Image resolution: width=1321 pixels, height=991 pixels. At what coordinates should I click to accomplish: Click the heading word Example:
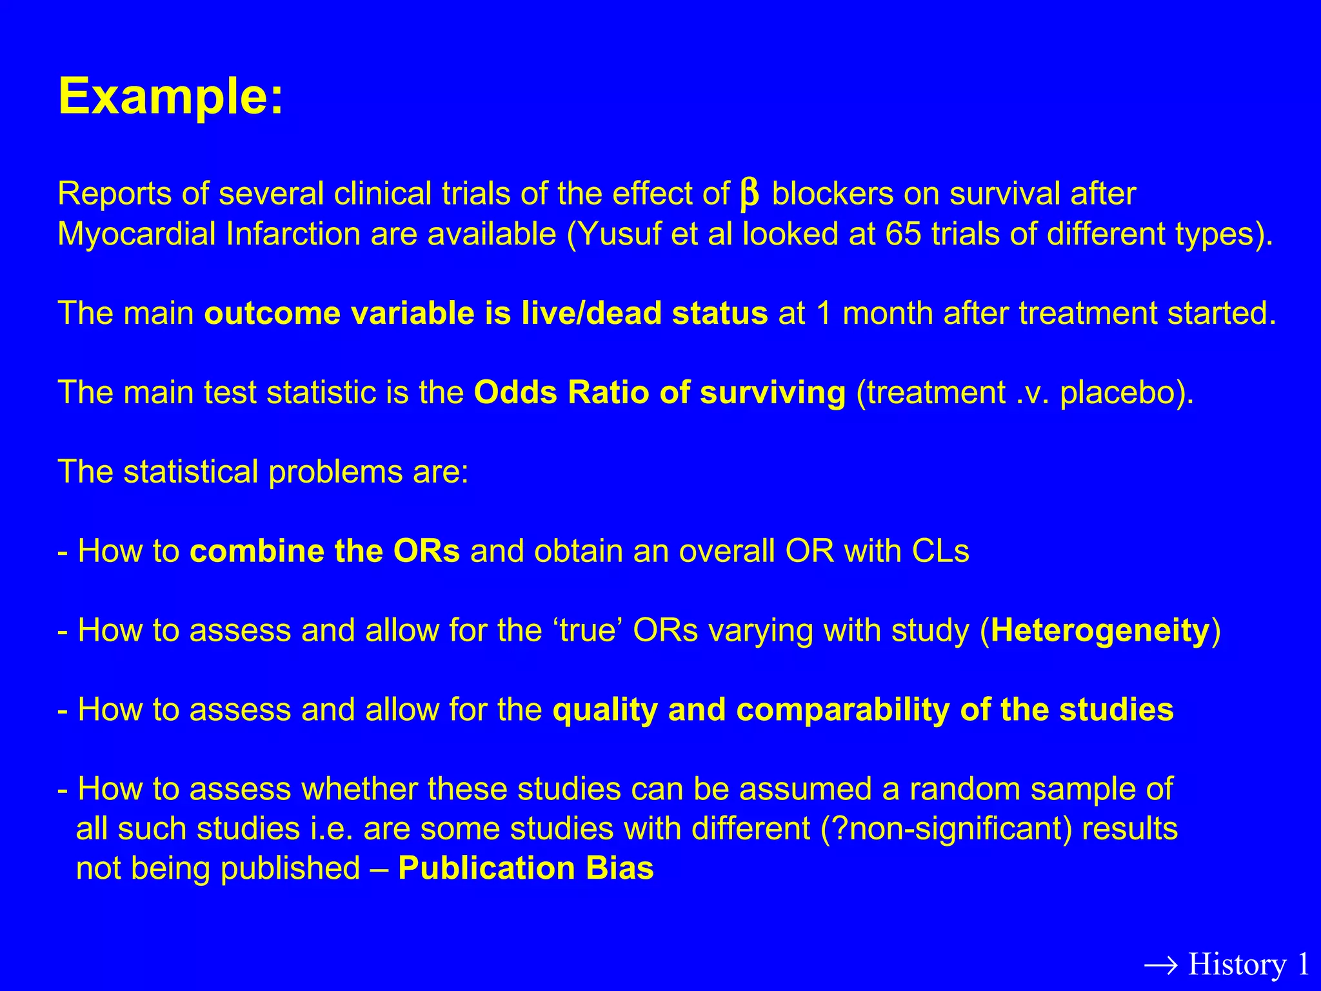click(x=170, y=97)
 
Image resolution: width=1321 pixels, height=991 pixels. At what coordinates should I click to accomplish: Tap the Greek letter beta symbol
click(x=749, y=194)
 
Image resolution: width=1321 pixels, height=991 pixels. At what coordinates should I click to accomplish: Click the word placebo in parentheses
click(x=1120, y=393)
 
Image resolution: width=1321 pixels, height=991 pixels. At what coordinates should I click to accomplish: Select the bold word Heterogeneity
click(x=1100, y=631)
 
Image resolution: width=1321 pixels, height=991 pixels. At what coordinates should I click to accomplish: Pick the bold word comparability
click(x=842, y=710)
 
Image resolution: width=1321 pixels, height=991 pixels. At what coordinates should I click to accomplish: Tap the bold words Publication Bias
click(x=526, y=868)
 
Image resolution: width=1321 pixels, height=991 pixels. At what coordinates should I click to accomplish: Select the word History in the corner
click(x=1237, y=965)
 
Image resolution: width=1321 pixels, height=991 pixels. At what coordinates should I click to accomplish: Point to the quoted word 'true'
click(x=586, y=631)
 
